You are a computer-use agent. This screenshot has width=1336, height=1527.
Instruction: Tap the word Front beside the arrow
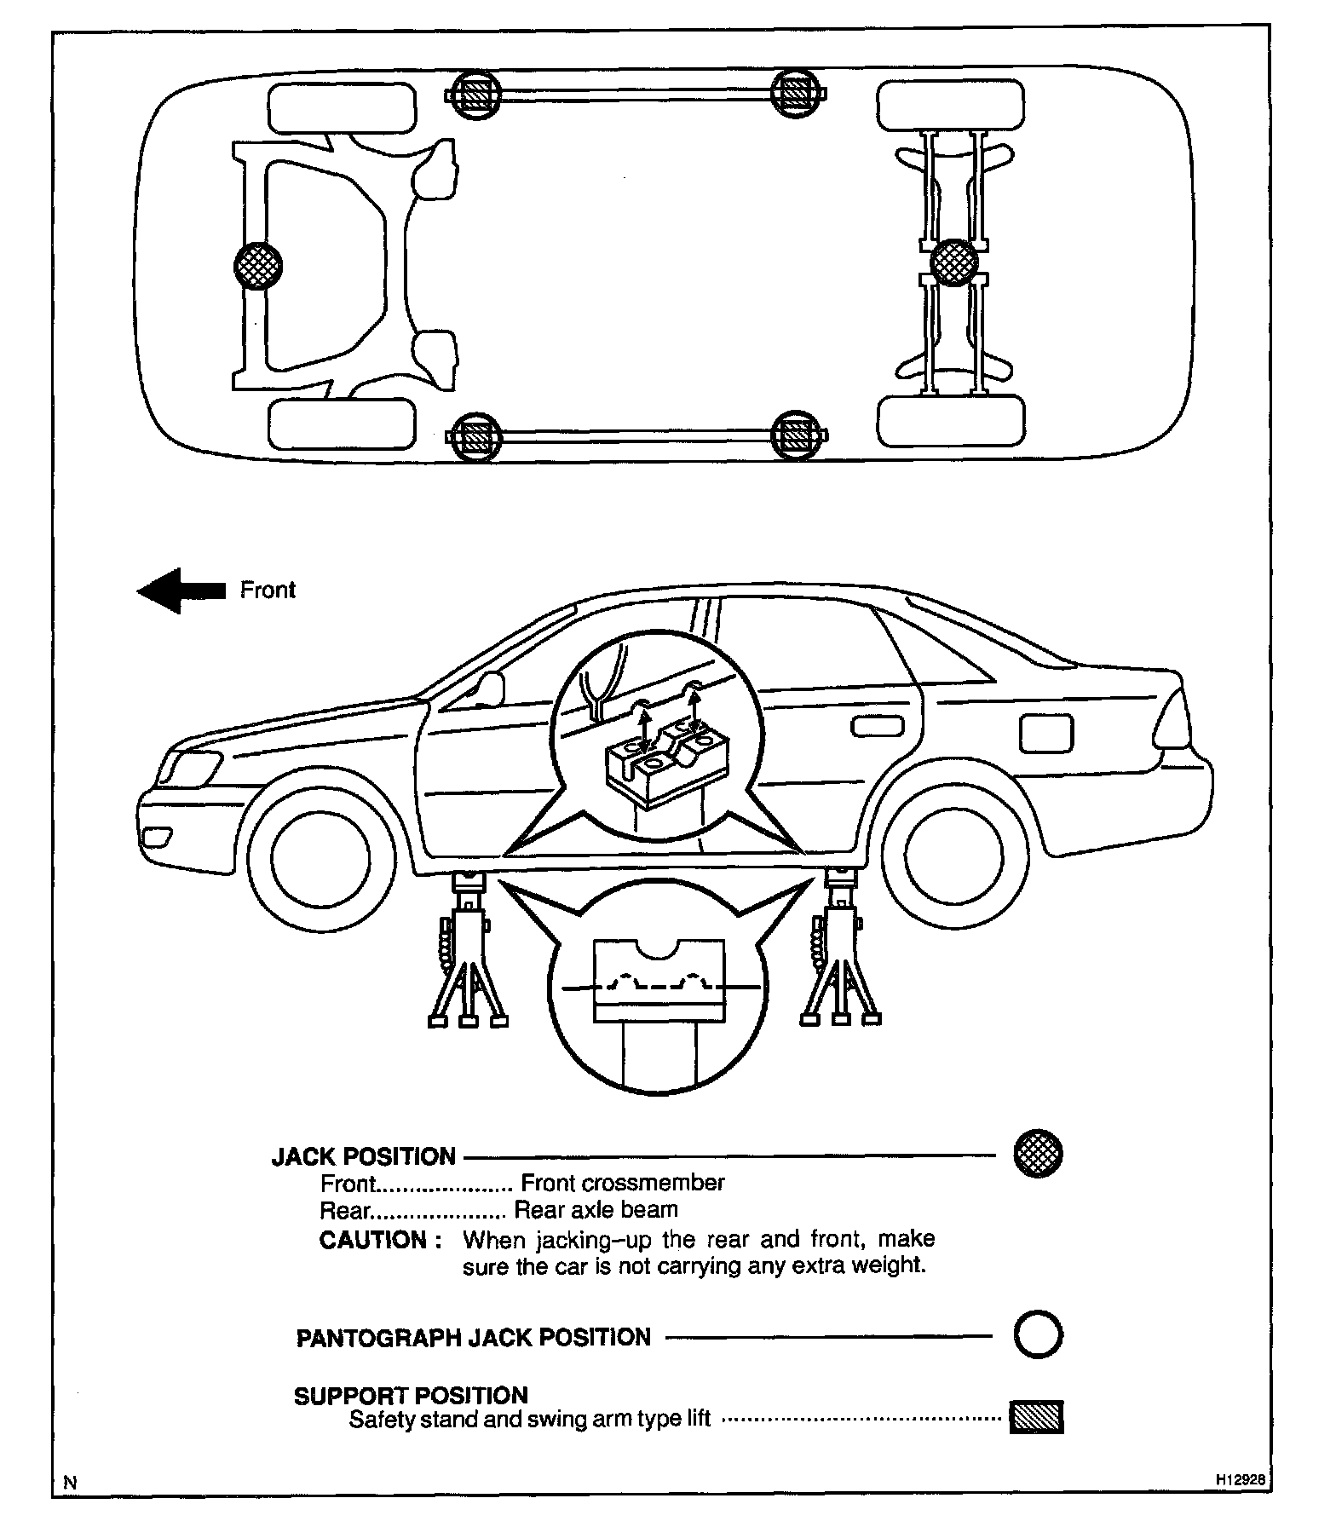tap(268, 591)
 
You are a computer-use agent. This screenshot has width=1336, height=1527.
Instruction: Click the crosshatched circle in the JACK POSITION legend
tap(1038, 1155)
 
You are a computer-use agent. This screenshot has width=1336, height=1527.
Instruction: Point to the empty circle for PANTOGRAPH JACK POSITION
tap(1038, 1335)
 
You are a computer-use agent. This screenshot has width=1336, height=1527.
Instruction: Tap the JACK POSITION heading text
tap(364, 1156)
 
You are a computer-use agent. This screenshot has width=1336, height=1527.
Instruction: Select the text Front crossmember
tap(623, 1183)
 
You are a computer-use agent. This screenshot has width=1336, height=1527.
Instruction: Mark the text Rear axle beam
tap(596, 1210)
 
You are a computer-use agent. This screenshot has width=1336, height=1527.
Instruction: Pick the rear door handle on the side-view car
tap(878, 726)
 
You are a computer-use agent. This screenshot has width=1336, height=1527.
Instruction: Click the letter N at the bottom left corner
tap(71, 1482)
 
